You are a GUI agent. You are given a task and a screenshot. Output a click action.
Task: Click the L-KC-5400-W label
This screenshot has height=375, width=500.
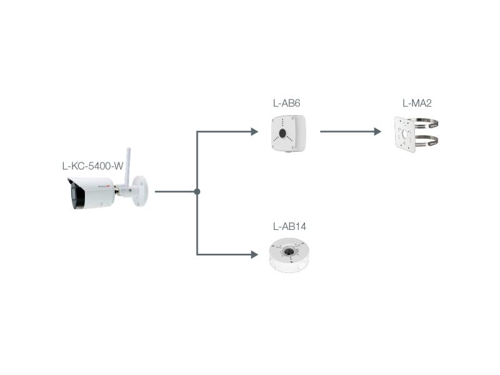92,166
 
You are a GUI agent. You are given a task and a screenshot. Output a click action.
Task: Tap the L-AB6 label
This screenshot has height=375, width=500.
287,102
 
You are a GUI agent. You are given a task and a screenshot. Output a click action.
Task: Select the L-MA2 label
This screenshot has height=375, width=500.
417,102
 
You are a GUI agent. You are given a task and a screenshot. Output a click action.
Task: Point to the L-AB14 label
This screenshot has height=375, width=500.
289,226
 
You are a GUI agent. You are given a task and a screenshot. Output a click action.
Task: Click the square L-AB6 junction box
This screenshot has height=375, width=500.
289,132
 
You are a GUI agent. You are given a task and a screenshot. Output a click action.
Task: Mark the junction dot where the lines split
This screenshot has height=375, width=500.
197,192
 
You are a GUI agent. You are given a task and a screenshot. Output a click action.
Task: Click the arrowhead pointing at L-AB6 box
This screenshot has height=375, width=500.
254,132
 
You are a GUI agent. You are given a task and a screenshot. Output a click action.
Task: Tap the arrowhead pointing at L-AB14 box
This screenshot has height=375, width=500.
254,254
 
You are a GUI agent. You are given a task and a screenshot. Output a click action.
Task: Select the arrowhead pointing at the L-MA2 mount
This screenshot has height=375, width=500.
377,132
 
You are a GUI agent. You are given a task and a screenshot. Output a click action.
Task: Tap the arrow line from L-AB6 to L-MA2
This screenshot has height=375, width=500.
347,132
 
